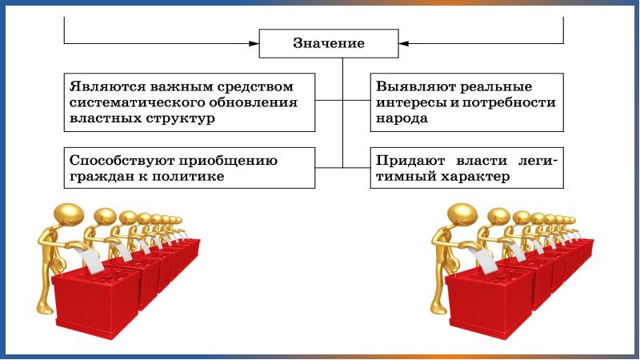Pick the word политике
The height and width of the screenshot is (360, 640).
pos(187,176)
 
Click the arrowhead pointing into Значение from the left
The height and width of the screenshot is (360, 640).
pos(254,43)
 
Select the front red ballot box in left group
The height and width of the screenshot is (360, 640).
pos(88,299)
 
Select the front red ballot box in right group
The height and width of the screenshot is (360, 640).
pos(483,299)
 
